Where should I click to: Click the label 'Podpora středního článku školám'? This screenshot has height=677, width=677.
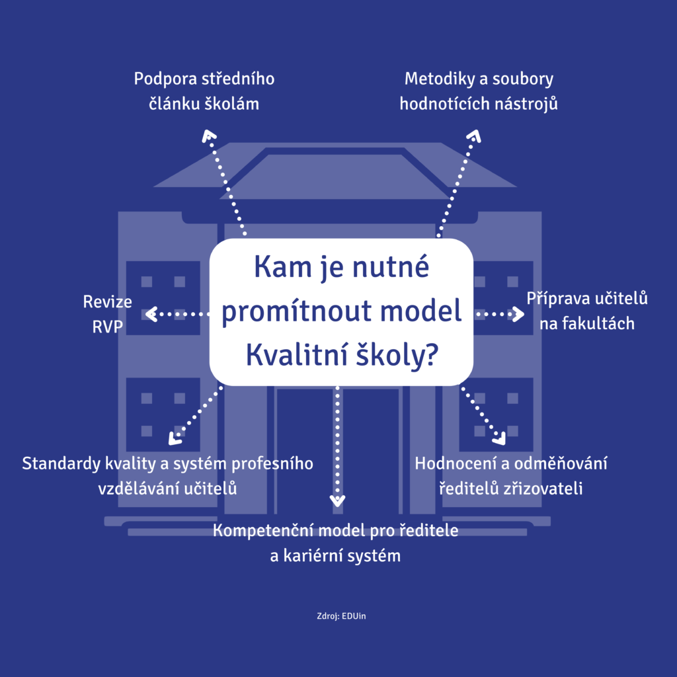tap(204, 91)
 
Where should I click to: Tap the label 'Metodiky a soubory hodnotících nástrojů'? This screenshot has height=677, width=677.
tap(479, 91)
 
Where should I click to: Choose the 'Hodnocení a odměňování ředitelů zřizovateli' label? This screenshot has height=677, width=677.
tap(511, 475)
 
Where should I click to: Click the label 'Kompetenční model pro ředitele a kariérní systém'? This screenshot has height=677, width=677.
tap(336, 543)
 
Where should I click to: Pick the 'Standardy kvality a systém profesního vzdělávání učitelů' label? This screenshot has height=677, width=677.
tap(167, 475)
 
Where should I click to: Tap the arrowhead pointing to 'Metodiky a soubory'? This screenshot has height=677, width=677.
tap(473, 136)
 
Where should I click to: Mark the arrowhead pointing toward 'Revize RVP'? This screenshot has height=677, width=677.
tap(151, 314)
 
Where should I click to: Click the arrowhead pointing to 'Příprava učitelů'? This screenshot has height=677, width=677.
tap(516, 314)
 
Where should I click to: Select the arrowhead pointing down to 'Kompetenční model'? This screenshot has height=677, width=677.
tap(338, 500)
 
